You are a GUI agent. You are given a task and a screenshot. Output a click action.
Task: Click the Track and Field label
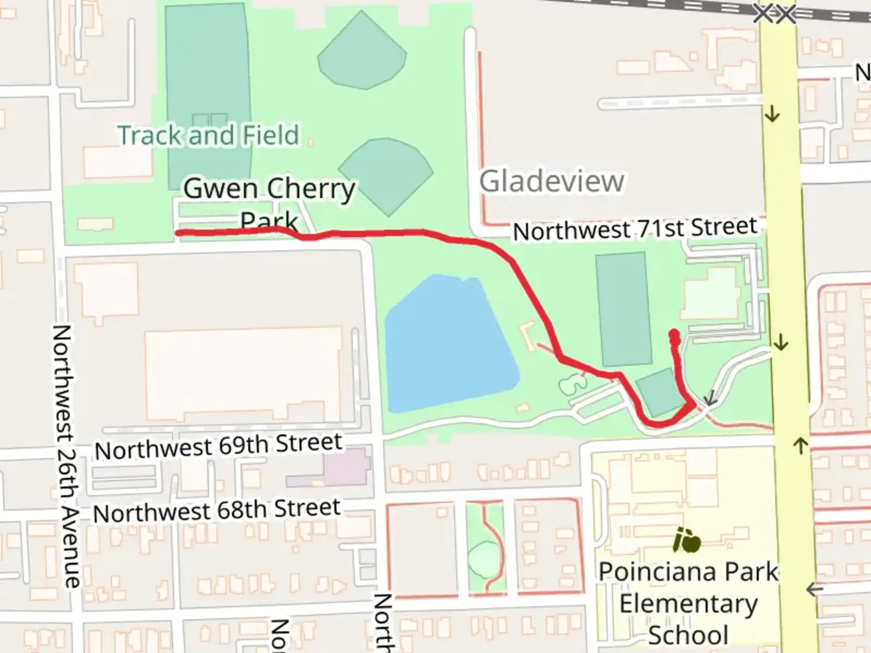coord(208,135)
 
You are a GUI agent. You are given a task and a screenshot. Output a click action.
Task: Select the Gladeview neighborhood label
coord(551,181)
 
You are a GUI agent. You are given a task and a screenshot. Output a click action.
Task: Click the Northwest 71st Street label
coord(634,229)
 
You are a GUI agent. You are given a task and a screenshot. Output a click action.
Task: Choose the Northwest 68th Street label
coord(217,511)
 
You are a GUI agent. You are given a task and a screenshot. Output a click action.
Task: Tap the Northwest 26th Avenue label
coord(67,456)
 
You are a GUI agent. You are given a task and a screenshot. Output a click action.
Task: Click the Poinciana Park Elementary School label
coord(688,603)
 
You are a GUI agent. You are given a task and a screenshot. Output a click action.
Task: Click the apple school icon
coord(687,540)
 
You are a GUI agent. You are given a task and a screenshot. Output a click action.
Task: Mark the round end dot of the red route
coord(674,335)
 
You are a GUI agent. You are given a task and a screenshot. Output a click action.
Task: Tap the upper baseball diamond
coord(362,52)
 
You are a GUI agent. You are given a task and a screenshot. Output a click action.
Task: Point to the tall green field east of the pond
coord(624,308)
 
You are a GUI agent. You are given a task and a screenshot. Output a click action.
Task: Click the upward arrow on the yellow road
coord(800,446)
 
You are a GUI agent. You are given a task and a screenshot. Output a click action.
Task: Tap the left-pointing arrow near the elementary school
coord(815,589)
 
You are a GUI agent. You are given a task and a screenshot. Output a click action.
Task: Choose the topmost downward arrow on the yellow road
coord(772,113)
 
